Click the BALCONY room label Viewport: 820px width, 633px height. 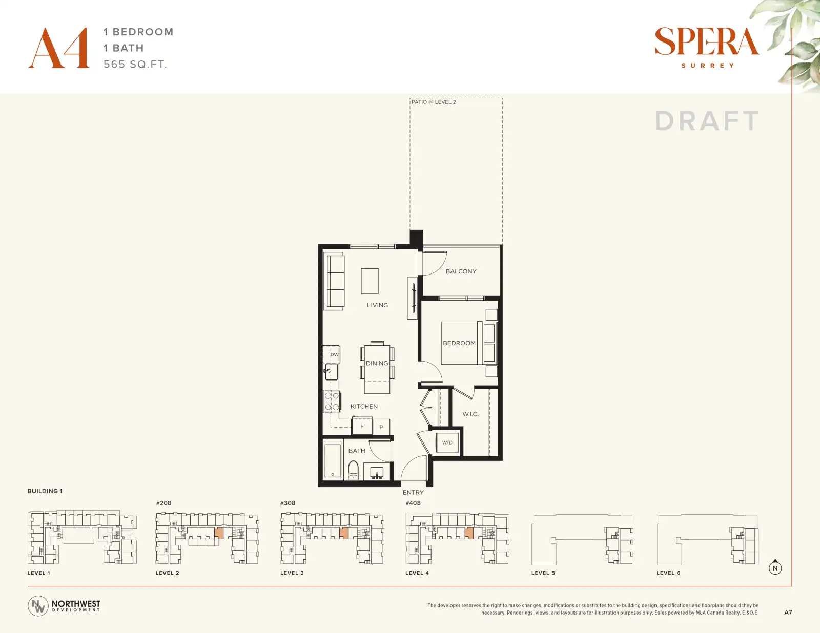tap(461, 271)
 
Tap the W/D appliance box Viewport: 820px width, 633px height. tap(447, 442)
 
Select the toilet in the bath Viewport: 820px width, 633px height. tap(353, 470)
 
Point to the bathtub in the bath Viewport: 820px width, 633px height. tap(333, 459)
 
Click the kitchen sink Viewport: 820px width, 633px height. tap(331, 371)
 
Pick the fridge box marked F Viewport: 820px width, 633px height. tap(362, 427)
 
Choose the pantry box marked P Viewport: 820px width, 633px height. tap(381, 427)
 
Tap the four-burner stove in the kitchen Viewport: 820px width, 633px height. tap(332, 401)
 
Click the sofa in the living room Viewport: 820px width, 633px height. tap(336, 281)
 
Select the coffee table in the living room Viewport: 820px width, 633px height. tap(370, 281)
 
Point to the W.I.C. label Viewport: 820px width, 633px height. tap(470, 414)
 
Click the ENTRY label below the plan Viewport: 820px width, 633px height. tap(413, 492)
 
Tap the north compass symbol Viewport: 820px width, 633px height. tap(775, 567)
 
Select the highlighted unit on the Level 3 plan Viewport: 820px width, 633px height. tap(344, 533)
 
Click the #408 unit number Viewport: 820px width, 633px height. tap(413, 503)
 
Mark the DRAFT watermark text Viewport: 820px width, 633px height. tap(707, 121)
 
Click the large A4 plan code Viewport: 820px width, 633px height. tap(59, 48)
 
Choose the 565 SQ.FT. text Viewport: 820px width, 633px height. tap(135, 64)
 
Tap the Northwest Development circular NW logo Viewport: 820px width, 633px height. tap(38, 606)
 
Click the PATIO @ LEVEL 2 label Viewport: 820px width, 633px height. tap(434, 102)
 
